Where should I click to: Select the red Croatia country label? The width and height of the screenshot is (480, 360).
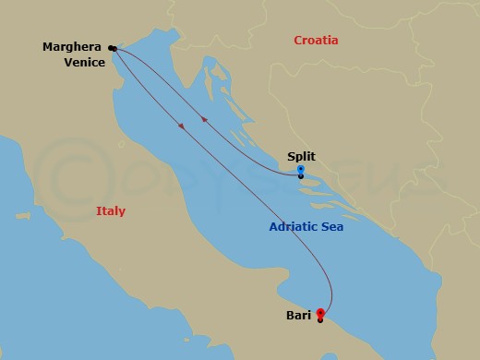[x=316, y=41]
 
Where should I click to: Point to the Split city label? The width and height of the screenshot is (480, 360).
[x=301, y=158]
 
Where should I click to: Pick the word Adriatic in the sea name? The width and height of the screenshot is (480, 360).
[x=298, y=226]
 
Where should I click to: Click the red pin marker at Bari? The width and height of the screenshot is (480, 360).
[x=320, y=313]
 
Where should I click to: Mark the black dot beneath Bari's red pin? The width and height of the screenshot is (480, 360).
[x=320, y=320]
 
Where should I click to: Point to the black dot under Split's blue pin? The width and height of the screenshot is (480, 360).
[x=301, y=176]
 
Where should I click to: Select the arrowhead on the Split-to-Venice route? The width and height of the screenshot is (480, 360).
[x=203, y=117]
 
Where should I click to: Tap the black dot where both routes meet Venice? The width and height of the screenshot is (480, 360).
[x=112, y=47]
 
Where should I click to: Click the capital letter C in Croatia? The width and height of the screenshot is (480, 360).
[x=298, y=41]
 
